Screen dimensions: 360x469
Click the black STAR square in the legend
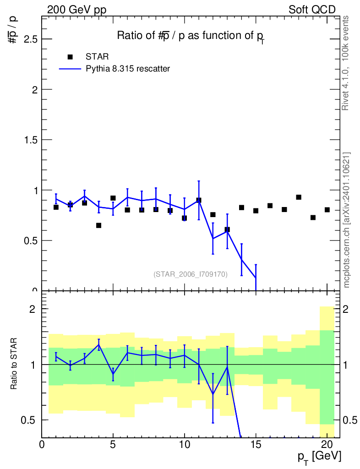70,57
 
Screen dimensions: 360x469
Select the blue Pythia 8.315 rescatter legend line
70,69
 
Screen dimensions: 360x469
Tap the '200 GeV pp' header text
76,10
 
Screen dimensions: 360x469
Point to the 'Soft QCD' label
312,10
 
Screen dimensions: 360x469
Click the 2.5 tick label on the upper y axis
31,39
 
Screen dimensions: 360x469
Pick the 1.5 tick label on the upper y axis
31,140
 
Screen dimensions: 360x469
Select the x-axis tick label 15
256,444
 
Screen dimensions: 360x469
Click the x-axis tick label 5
113,444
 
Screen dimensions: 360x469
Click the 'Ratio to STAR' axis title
13,364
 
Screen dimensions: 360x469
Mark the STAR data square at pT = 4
98,225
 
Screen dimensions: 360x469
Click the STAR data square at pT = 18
299,197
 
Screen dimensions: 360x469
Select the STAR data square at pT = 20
327,210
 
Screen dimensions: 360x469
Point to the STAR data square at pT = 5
113,198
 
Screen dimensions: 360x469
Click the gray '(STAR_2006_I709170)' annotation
191,274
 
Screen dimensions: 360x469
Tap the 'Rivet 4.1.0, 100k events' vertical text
345,63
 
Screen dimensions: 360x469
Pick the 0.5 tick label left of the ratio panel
28,420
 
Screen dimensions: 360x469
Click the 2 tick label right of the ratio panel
345,309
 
